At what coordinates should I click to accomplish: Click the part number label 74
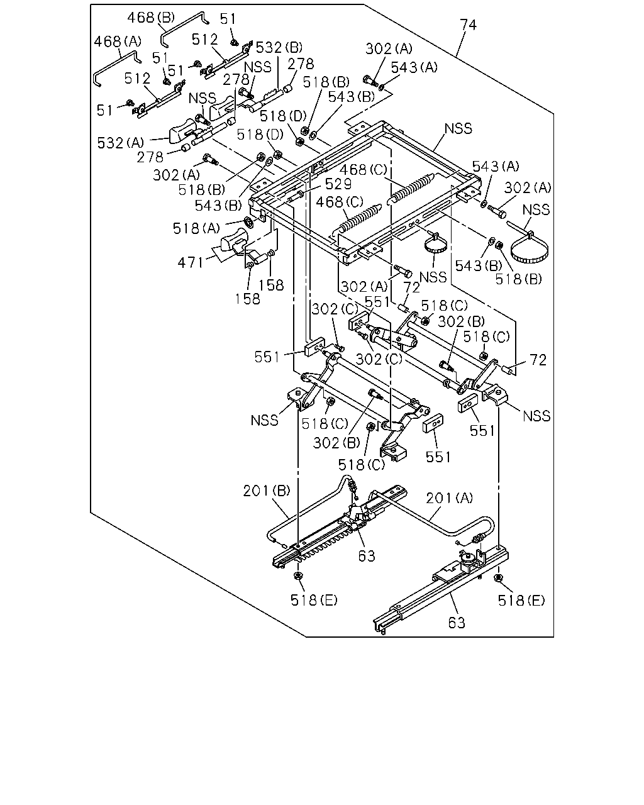point(468,25)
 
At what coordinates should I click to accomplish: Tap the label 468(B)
point(151,17)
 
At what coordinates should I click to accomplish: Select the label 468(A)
point(118,41)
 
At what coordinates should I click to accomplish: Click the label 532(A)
point(121,143)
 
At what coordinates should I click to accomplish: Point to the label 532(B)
point(279,48)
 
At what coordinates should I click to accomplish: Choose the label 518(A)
point(196,228)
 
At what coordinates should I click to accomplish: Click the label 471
point(191,263)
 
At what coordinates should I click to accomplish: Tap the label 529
point(338,184)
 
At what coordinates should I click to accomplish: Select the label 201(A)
point(450,498)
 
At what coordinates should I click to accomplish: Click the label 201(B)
point(267,491)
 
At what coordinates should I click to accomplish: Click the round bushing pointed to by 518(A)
point(248,222)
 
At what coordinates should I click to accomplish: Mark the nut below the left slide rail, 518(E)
point(298,575)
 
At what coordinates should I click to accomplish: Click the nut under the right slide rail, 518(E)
point(498,578)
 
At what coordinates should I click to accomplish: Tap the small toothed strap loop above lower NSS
point(434,245)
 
